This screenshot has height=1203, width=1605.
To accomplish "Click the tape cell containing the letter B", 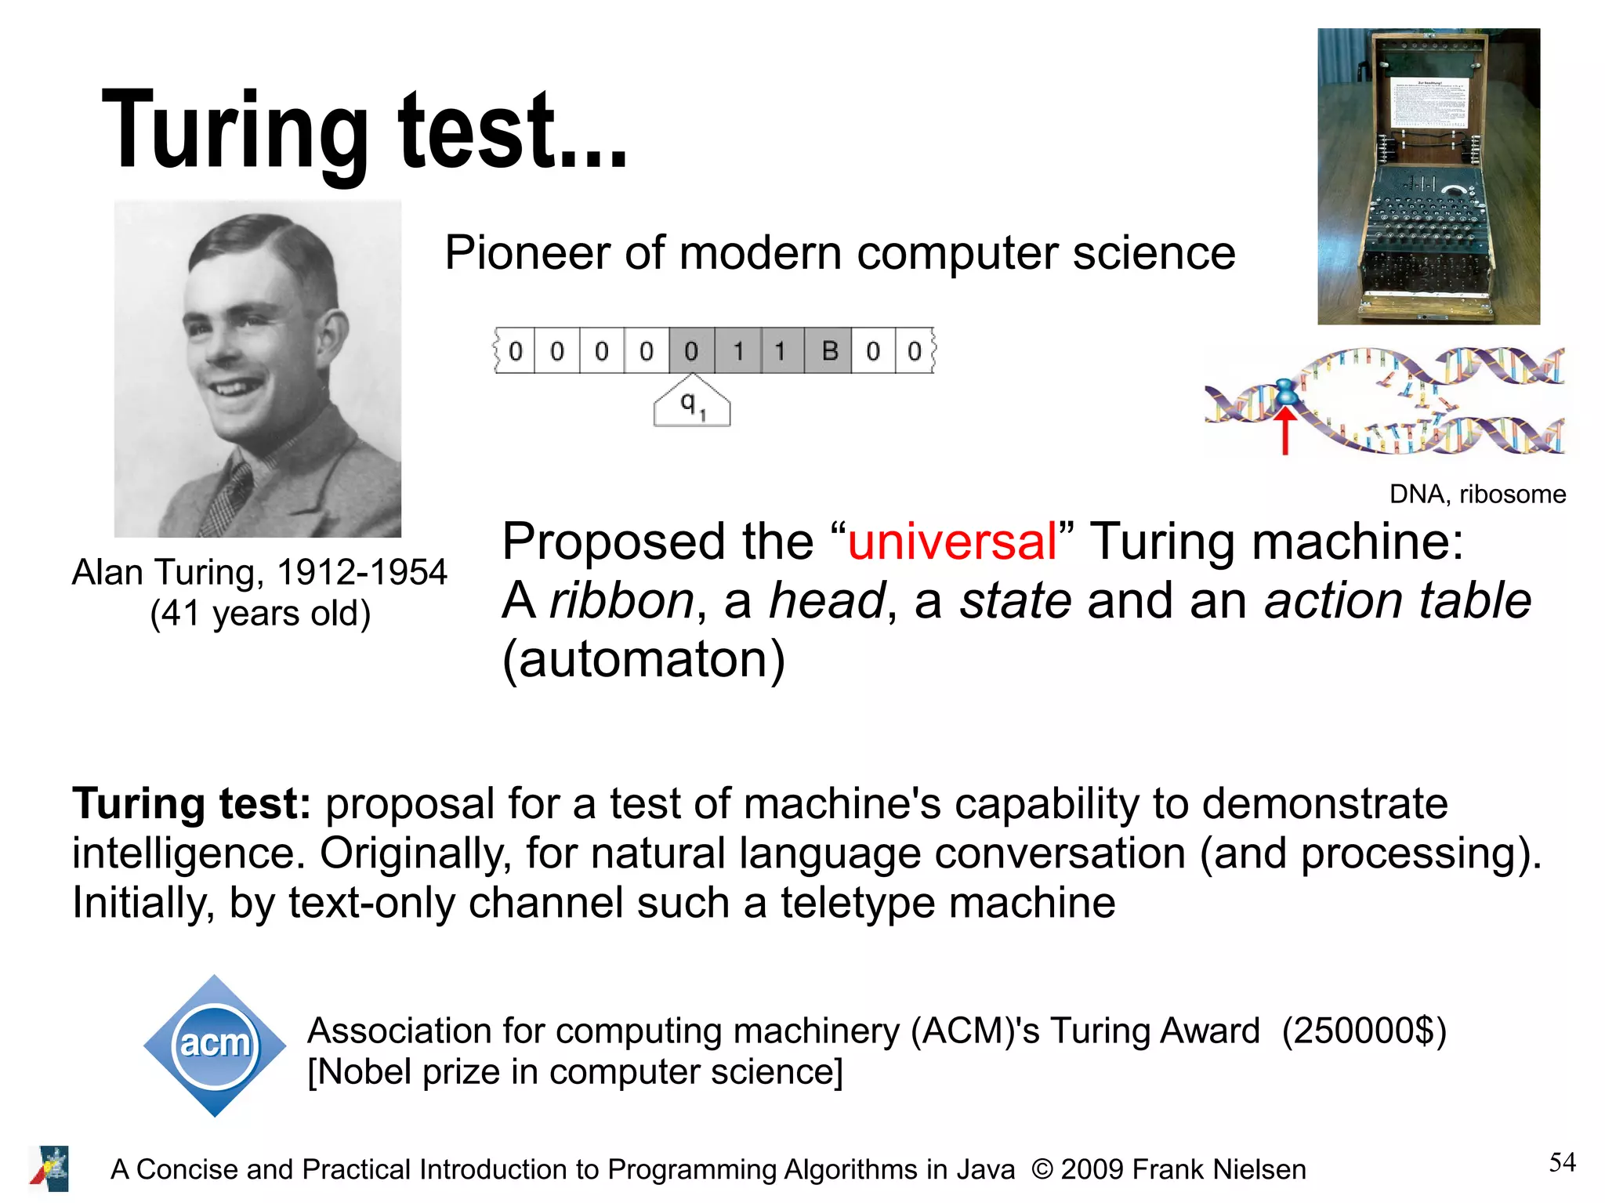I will tap(829, 351).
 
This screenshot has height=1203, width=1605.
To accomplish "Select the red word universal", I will tap(952, 542).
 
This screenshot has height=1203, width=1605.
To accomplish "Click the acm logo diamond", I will tap(215, 1045).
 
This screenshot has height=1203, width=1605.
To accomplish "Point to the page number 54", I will tap(1562, 1161).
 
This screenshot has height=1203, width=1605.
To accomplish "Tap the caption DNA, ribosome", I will tap(1477, 495).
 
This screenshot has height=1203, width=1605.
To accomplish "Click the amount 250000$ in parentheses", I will tap(1364, 1031).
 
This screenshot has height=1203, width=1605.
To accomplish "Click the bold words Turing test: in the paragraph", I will tap(192, 804).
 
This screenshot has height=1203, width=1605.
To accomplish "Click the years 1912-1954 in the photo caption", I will tap(361, 572).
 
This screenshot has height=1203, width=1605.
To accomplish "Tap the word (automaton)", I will tap(643, 659).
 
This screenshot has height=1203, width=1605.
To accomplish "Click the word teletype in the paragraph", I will tap(857, 903).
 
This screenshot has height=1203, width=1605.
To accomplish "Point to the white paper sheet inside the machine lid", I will tap(1427, 103).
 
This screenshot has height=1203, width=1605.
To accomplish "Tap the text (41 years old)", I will tap(260, 614).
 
